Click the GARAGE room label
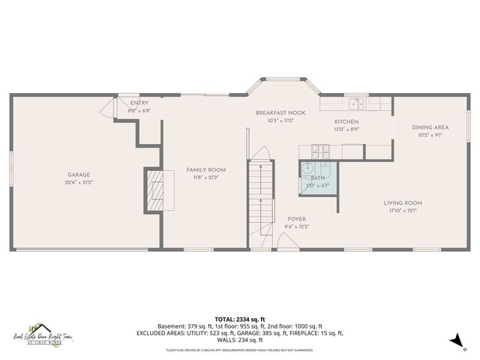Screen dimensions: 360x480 [79, 175]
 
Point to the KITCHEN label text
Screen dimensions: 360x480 [346, 121]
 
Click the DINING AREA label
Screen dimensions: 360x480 [430, 127]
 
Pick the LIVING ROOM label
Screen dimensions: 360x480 [403, 202]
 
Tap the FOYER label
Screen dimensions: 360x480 [297, 219]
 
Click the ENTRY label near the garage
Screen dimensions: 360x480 [139, 103]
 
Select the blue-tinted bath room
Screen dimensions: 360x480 [317, 178]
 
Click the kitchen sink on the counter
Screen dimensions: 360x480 [355, 103]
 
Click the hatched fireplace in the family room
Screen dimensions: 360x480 [155, 190]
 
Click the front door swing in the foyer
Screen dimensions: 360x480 [286, 241]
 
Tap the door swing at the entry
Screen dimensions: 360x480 [111, 107]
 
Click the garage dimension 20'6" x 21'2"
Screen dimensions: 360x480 [79, 182]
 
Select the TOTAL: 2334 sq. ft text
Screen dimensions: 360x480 [240, 319]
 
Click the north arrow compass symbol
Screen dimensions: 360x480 [454, 342]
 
